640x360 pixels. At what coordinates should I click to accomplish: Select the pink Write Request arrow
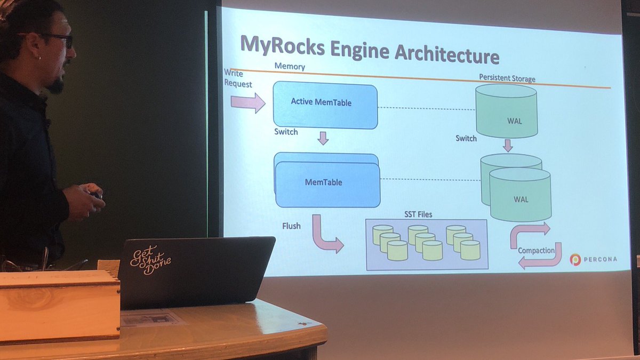(x=247, y=102)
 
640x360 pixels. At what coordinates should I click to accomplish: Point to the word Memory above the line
(x=290, y=66)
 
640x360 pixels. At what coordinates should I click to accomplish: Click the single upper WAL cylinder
(x=506, y=110)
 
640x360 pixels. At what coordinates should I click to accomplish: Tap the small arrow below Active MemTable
(x=323, y=139)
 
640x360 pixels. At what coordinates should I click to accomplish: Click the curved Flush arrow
(x=325, y=234)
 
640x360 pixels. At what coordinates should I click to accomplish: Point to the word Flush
(x=291, y=226)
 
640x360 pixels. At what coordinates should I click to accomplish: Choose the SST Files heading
(x=418, y=214)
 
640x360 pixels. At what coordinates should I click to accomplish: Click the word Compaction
(x=536, y=250)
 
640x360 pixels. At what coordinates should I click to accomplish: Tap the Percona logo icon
(x=575, y=260)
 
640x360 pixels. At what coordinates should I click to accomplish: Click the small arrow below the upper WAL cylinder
(x=507, y=145)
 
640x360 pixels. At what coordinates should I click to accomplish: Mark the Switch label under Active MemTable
(x=286, y=131)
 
